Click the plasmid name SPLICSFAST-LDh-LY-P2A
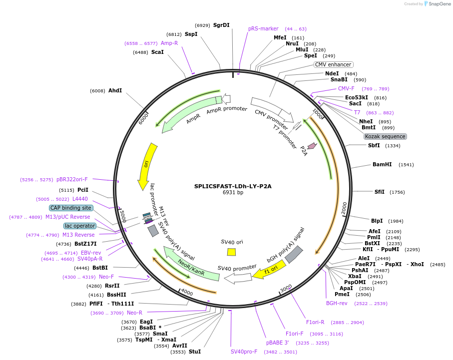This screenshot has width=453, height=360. (233, 186)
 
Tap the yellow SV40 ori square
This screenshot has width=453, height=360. (231, 252)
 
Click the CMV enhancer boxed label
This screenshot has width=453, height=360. (333, 64)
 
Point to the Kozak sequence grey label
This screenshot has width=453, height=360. (385, 136)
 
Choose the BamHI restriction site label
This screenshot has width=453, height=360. (382, 164)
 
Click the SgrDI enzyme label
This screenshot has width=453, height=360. (221, 25)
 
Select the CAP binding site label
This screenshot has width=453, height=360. (71, 208)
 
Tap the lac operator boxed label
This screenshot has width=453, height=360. (80, 226)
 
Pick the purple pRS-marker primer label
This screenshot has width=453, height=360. (263, 28)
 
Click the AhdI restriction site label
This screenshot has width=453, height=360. (115, 90)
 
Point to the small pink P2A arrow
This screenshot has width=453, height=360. (312, 146)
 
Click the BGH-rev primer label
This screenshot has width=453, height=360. (337, 303)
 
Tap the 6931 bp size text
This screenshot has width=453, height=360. (233, 193)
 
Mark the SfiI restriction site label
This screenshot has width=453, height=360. (380, 192)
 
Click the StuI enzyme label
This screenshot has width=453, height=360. (195, 352)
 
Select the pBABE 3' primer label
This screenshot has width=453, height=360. (278, 343)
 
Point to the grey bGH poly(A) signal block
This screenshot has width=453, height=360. (294, 254)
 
